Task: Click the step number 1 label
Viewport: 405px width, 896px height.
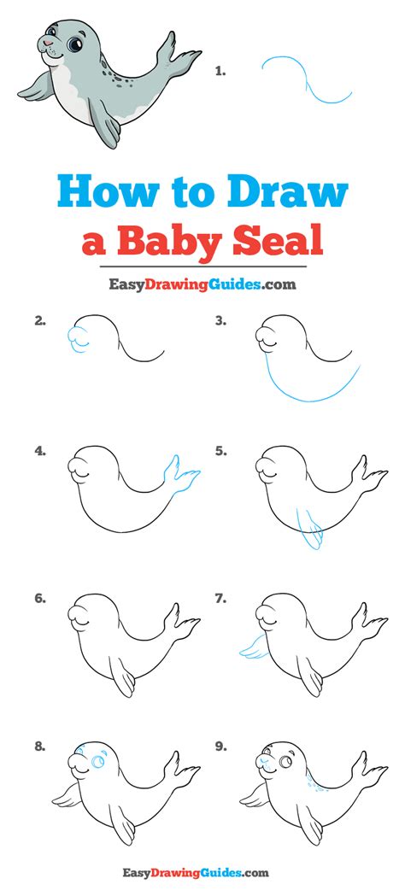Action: tap(220, 72)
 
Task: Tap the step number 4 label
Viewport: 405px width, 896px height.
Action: tap(39, 451)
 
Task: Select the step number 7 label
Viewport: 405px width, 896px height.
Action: tap(220, 599)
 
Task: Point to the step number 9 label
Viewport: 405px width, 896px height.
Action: tap(220, 746)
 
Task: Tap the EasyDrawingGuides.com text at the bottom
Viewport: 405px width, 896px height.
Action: tap(202, 872)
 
